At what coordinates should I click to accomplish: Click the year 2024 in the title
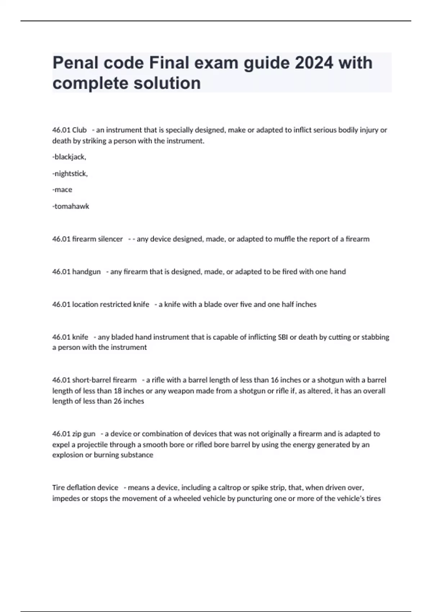(314, 63)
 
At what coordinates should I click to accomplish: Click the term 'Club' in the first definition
(79, 130)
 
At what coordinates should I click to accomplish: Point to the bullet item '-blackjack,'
(69, 157)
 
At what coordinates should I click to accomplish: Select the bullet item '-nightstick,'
(70, 174)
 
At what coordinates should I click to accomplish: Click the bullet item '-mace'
(62, 190)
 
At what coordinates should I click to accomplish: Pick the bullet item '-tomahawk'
(71, 206)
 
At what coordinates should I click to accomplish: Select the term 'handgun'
(86, 272)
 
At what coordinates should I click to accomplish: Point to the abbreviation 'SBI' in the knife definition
(283, 337)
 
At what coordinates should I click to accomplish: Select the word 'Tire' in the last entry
(59, 488)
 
